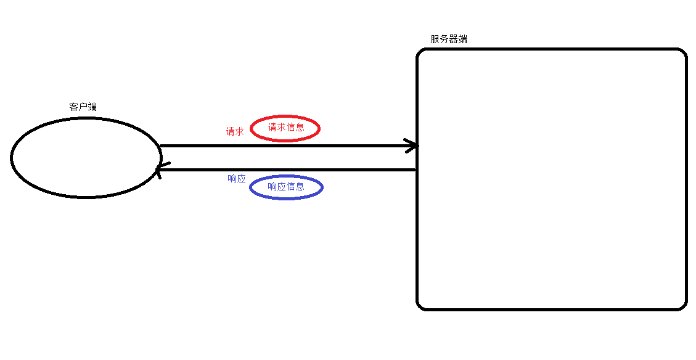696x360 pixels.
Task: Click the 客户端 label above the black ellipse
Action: pos(83,107)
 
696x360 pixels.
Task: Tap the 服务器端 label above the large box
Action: pos(449,39)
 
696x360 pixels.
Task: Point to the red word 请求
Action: pos(235,131)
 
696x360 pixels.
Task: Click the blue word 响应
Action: pos(237,179)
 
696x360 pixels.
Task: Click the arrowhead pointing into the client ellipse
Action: pos(159,170)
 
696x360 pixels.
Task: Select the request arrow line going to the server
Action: pos(284,146)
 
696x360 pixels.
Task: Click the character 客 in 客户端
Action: pos(73,107)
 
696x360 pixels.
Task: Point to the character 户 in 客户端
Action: pos(83,107)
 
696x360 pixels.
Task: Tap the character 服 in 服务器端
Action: pos(435,39)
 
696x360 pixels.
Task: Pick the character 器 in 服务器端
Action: pos(453,39)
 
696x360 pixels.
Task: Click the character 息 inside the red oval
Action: pos(300,128)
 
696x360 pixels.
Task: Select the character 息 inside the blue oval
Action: pos(300,186)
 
